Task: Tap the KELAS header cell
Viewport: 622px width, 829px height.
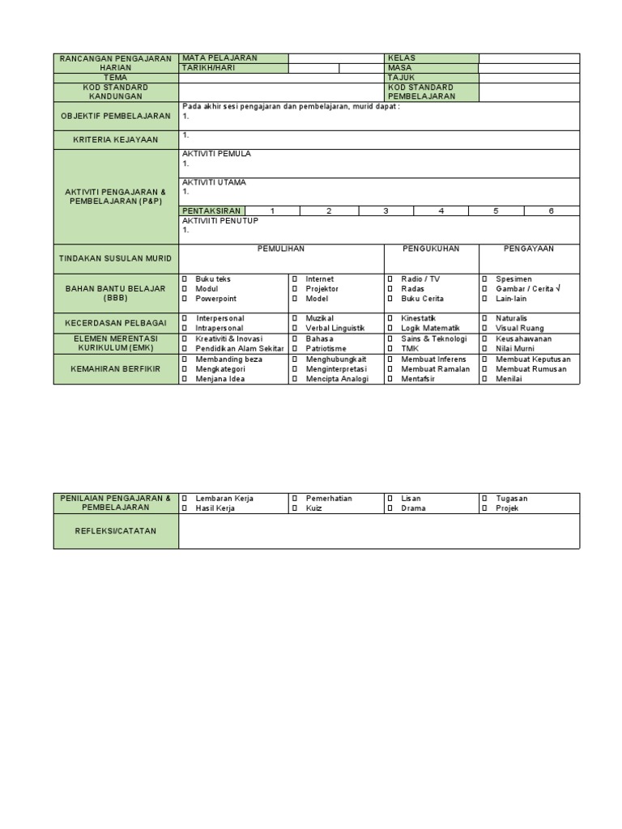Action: point(402,58)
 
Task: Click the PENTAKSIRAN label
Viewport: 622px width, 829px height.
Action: point(211,211)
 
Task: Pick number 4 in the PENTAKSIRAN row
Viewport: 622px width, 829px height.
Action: point(441,211)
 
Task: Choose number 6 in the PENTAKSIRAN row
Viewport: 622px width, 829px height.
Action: point(552,211)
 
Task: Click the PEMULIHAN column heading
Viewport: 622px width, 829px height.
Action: point(281,249)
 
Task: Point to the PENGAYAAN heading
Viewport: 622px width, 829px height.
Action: point(529,249)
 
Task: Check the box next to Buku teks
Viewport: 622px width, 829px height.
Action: point(185,279)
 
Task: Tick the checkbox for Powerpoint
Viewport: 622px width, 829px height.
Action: point(185,299)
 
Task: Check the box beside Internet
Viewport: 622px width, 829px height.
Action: point(295,279)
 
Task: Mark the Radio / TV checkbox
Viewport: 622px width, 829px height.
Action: point(390,279)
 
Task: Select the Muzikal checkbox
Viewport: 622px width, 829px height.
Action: point(295,319)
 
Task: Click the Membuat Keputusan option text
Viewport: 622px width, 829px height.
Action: point(533,359)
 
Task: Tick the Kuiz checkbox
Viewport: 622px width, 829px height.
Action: point(295,508)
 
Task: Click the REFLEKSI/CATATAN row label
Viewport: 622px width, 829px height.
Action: point(116,531)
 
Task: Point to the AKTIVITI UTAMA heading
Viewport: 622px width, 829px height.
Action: point(214,182)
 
